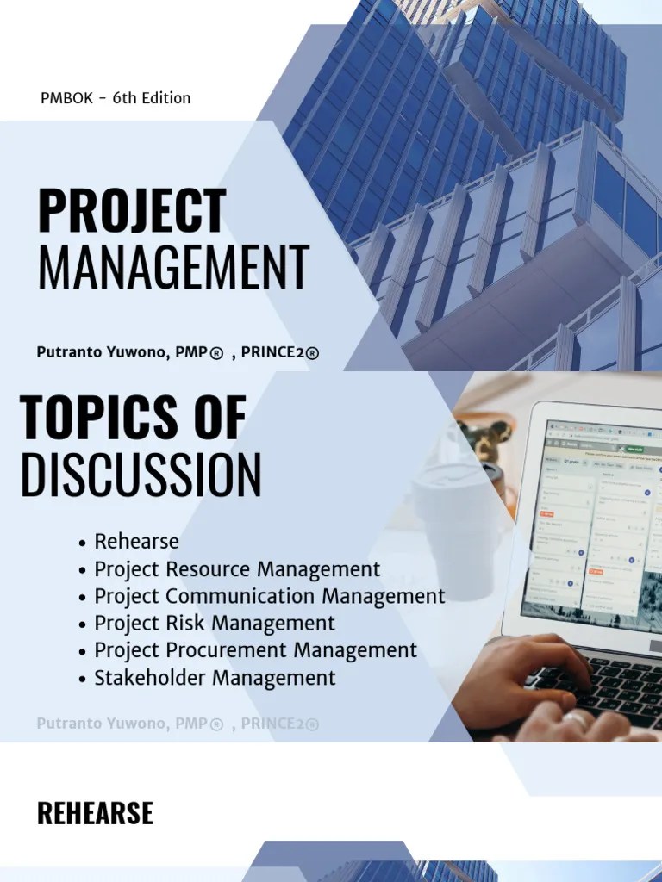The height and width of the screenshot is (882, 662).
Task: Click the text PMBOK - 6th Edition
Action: [116, 98]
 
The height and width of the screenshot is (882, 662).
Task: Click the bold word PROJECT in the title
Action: [132, 212]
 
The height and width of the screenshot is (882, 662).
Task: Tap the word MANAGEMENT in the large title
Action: [173, 268]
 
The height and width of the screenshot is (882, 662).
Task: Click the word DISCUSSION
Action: [141, 475]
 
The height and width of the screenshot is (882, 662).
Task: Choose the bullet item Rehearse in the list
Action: [136, 542]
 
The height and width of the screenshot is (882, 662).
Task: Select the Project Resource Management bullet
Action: [237, 569]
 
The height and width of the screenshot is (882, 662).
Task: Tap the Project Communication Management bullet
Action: [269, 596]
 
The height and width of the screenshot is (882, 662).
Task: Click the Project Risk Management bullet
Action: [215, 623]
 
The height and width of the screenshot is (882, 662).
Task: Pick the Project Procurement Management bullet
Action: [255, 650]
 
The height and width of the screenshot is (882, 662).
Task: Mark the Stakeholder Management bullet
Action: [215, 678]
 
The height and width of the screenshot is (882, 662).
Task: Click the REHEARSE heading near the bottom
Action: [95, 813]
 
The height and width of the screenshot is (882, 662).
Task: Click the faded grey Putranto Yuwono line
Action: [178, 724]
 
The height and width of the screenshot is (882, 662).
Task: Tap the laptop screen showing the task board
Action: [595, 525]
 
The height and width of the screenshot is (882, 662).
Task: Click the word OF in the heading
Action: [221, 418]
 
